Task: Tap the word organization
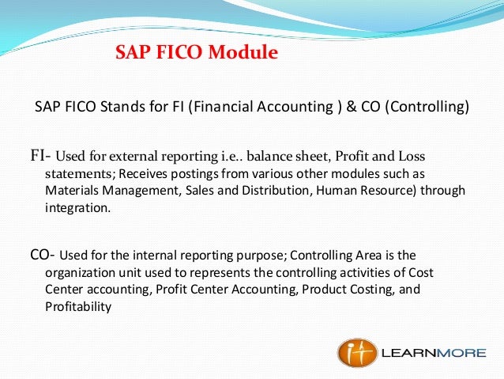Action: pyautogui.click(x=79, y=273)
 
